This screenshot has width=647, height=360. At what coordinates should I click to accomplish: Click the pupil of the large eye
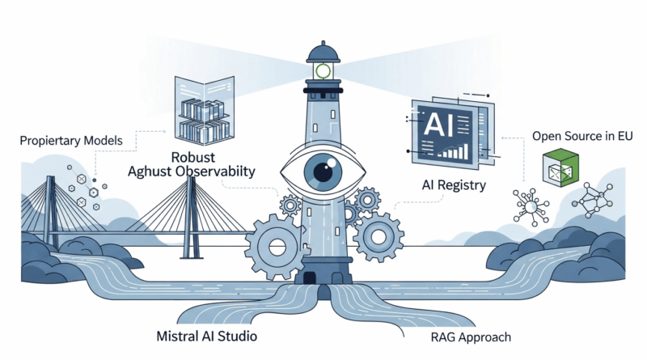coord(323,171)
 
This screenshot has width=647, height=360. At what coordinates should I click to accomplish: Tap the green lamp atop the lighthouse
coord(323,71)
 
